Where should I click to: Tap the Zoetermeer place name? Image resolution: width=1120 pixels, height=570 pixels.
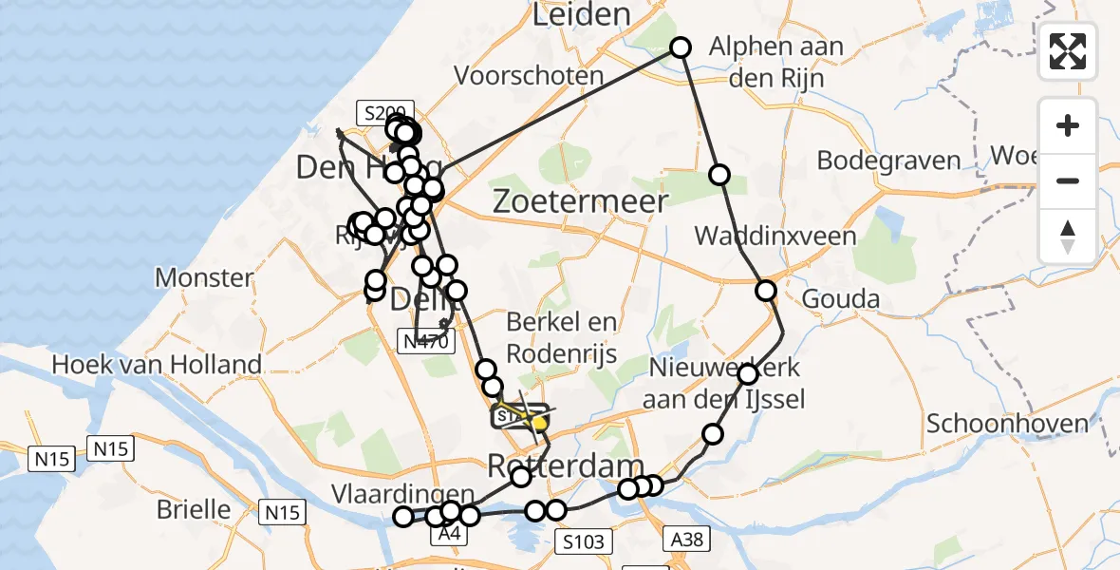pyautogui.click(x=579, y=201)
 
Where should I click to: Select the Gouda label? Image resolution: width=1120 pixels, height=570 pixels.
pyautogui.click(x=840, y=299)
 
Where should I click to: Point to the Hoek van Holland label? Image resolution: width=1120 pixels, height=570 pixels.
pyautogui.click(x=157, y=364)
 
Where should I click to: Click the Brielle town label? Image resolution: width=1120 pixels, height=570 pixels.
pyautogui.click(x=194, y=509)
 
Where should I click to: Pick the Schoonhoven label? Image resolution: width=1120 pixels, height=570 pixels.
pyautogui.click(x=1007, y=424)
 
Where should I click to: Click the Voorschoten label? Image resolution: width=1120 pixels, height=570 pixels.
pyautogui.click(x=529, y=76)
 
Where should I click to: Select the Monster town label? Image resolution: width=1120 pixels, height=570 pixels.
pyautogui.click(x=204, y=278)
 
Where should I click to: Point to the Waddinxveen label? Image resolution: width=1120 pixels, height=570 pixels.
pyautogui.click(x=775, y=236)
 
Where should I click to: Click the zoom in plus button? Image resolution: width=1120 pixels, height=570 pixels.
pyautogui.click(x=1068, y=125)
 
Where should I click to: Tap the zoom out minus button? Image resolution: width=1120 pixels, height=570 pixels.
pyautogui.click(x=1068, y=180)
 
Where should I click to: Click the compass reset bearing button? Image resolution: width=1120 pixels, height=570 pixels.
pyautogui.click(x=1068, y=237)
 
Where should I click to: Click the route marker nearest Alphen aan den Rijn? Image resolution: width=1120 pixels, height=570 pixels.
pyautogui.click(x=681, y=47)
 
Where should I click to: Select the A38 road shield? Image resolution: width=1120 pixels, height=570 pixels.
pyautogui.click(x=685, y=540)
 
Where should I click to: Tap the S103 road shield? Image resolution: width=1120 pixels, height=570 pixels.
pyautogui.click(x=581, y=541)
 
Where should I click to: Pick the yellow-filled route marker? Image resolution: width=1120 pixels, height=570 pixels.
pyautogui.click(x=539, y=420)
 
